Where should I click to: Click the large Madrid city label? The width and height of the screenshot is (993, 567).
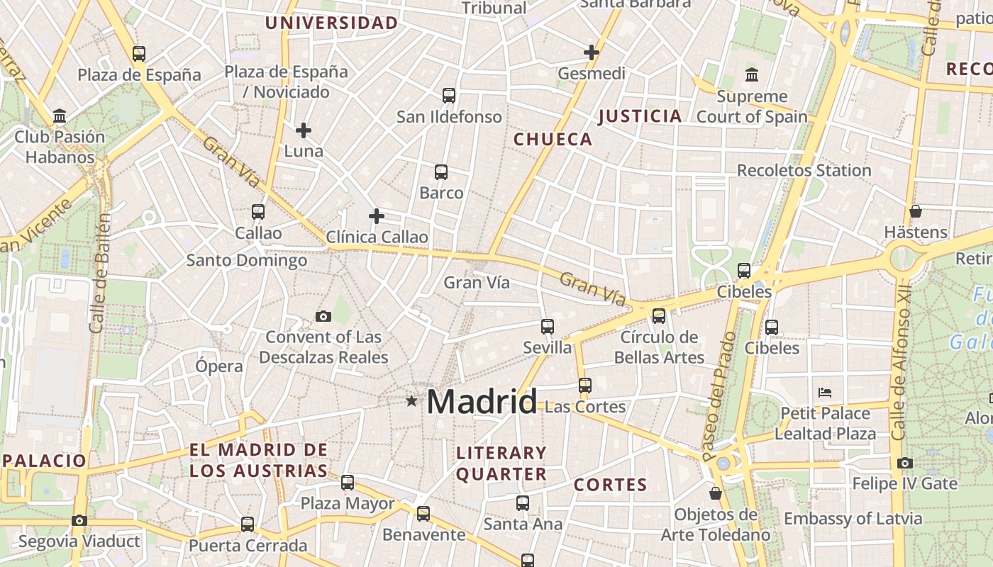482,402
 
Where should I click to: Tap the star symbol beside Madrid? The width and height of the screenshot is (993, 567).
411,401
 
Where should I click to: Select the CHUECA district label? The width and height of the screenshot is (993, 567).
553,139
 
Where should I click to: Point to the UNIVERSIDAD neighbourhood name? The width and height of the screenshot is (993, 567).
331,23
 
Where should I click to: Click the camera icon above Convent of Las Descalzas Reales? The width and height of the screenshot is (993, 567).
323,316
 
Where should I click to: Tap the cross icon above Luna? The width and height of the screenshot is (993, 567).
304,130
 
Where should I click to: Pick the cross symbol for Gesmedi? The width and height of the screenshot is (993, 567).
592,52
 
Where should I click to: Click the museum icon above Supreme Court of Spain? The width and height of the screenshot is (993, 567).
752,74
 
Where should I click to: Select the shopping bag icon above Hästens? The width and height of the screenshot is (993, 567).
916,210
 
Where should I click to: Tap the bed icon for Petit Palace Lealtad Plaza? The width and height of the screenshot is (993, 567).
824,392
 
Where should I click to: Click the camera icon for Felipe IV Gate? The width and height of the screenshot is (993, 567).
904,463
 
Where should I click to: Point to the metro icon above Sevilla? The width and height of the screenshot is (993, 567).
548,326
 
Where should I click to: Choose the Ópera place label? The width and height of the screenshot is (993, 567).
219,366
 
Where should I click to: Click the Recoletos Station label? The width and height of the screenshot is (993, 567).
804,170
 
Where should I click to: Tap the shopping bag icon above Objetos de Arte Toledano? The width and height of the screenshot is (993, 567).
716,493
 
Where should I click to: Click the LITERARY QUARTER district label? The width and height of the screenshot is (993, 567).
501,464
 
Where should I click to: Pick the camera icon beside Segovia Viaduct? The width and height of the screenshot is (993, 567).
79,520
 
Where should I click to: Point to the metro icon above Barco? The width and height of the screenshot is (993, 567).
441,172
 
